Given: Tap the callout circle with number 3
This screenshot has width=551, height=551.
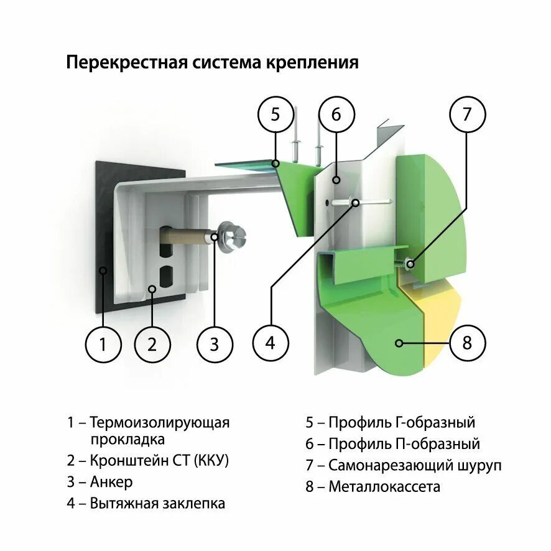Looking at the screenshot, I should pyautogui.click(x=215, y=343).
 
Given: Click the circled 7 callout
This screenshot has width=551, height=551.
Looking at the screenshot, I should pyautogui.click(x=467, y=114).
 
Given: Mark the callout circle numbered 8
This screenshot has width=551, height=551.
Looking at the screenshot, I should pyautogui.click(x=467, y=343).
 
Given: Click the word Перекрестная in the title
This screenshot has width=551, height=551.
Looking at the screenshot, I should pyautogui.click(x=118, y=63).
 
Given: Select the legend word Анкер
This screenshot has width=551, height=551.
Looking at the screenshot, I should pyautogui.click(x=111, y=482).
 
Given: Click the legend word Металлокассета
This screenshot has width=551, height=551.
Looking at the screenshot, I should pyautogui.click(x=384, y=486).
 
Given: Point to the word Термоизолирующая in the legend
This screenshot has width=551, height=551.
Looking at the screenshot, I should pyautogui.click(x=160, y=423).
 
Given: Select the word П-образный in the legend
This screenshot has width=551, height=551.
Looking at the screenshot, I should pyautogui.click(x=440, y=444).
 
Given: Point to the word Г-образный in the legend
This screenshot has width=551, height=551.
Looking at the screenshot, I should pyautogui.click(x=435, y=423).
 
